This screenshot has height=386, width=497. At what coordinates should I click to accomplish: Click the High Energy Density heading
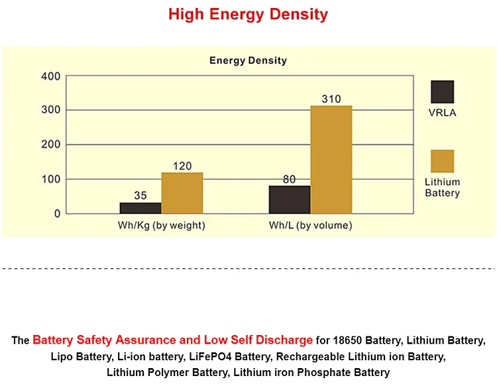coord(248,14)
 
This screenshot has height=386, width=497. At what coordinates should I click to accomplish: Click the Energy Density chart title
coord(248,60)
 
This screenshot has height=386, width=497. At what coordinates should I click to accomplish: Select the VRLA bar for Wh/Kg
coord(140,208)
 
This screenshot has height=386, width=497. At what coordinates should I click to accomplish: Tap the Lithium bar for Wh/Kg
coord(182,193)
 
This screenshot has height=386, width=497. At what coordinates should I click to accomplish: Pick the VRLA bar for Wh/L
coord(290,199)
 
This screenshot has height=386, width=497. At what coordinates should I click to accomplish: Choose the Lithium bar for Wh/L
coord(331,160)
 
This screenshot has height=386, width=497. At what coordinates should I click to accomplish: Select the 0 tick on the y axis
coord(57,214)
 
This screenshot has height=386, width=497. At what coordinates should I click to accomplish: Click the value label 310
coord(331,99)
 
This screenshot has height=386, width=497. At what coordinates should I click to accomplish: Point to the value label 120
coord(182,166)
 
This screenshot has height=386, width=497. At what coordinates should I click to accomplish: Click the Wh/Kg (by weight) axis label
coord(161,226)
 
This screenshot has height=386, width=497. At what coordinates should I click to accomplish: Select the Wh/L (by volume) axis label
coord(310,226)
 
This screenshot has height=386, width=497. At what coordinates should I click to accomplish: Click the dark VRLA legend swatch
coord(442,91)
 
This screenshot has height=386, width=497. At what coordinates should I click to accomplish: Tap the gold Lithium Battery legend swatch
coord(442,161)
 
